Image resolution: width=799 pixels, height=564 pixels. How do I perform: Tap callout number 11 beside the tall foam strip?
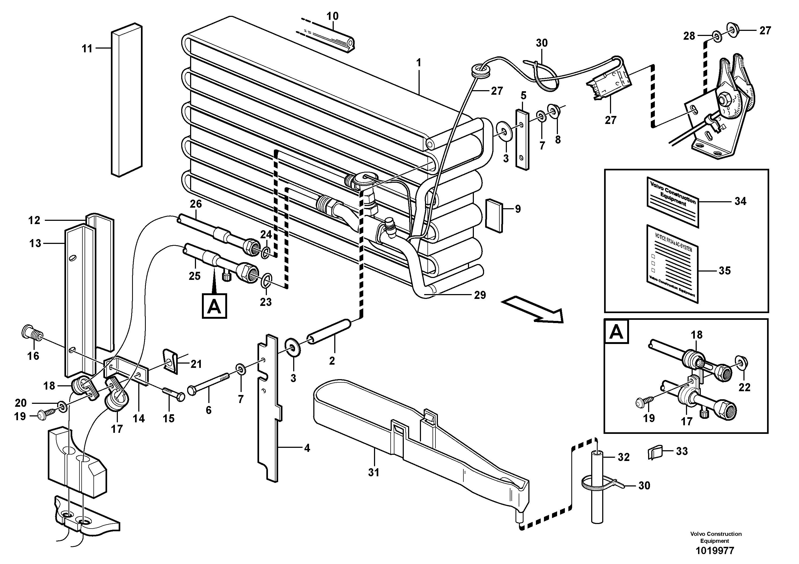[87, 48]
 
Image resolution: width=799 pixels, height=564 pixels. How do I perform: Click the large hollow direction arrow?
[532, 309]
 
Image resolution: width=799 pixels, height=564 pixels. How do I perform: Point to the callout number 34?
[740, 201]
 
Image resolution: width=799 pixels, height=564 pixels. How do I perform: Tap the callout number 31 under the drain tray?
[373, 473]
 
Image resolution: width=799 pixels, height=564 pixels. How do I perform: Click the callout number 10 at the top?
[332, 16]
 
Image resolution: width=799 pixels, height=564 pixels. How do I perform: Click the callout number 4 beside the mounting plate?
[307, 448]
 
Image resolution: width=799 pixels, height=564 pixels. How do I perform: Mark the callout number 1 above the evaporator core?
[419, 63]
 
